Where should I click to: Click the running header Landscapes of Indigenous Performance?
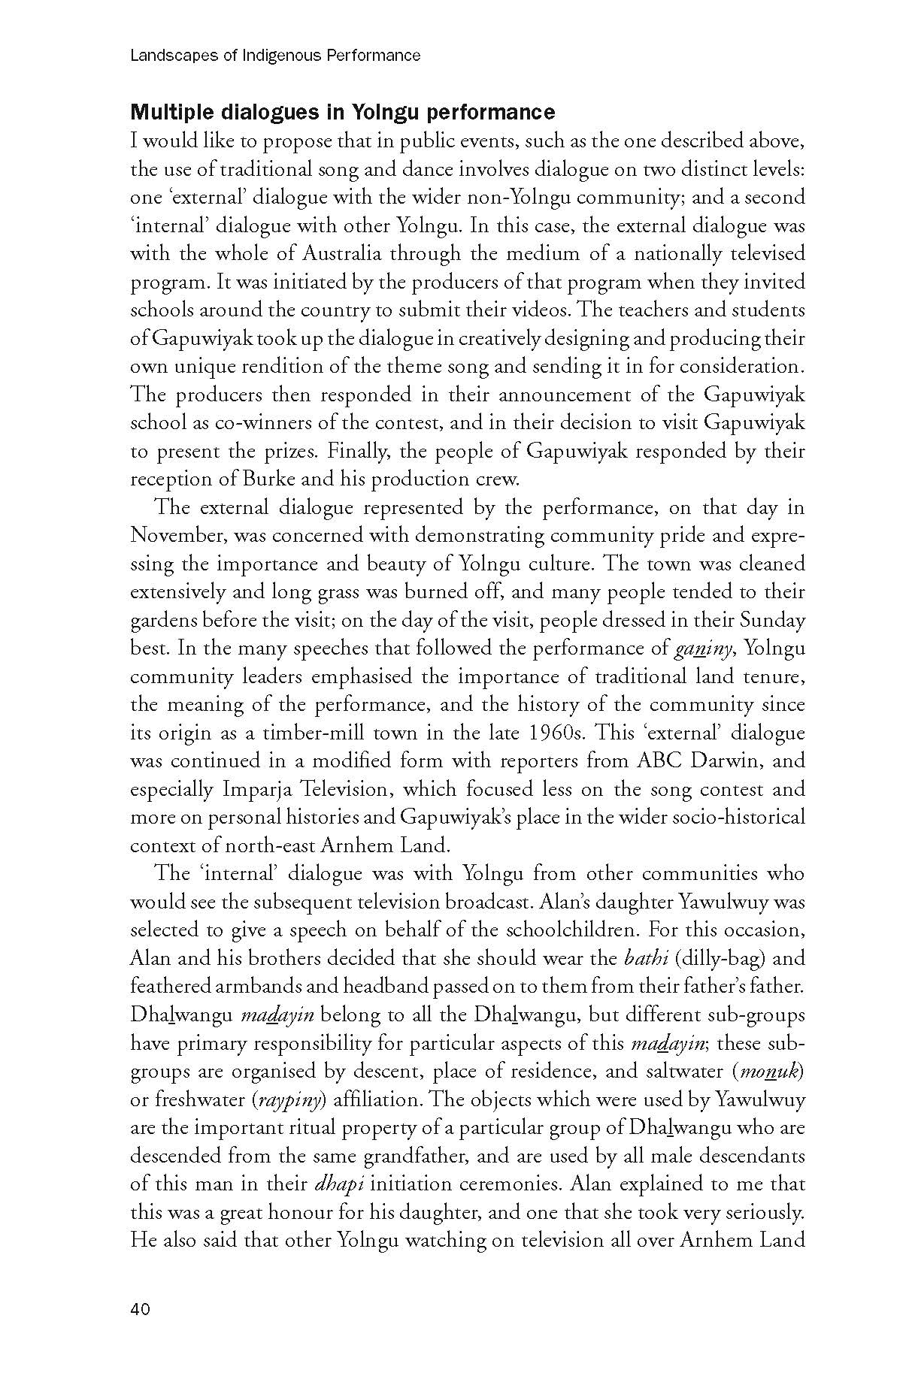pos(275,56)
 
